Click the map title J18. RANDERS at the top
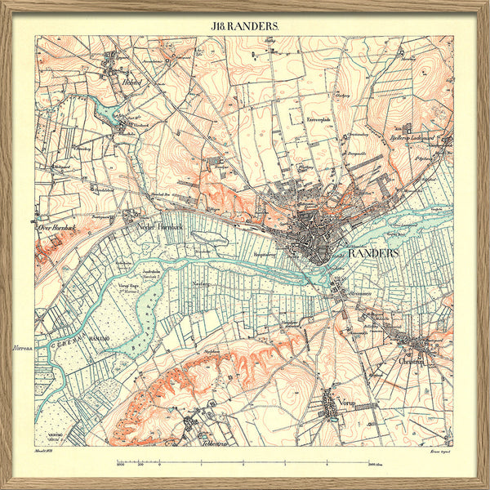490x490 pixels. (245, 25)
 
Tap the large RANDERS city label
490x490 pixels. (373, 254)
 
